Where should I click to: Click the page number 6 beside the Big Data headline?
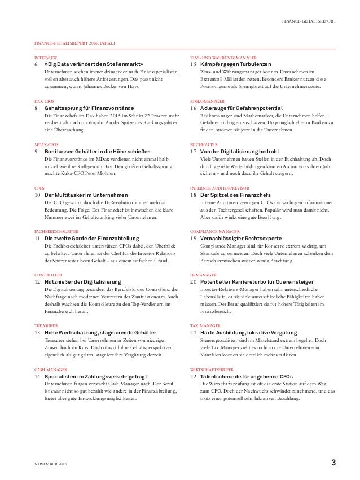coord(37,65)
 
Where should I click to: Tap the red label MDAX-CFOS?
coord(47,144)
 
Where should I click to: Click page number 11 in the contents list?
coord(37,238)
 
